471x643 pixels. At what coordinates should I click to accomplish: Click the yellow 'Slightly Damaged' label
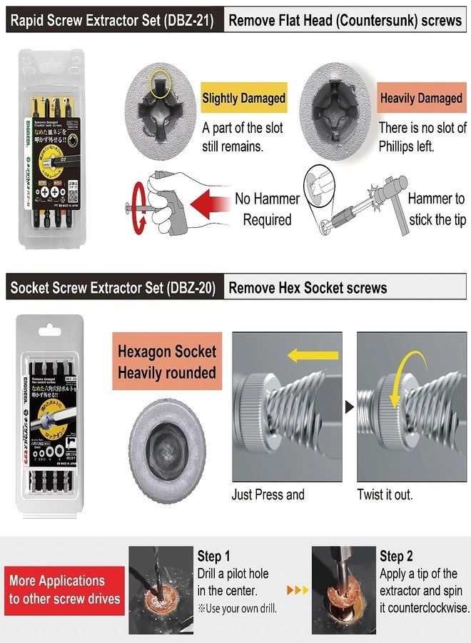pyautogui.click(x=243, y=99)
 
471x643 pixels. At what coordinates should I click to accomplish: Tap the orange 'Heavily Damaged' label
pyautogui.click(x=421, y=99)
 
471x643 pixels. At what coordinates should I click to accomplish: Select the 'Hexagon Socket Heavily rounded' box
pyautogui.click(x=166, y=362)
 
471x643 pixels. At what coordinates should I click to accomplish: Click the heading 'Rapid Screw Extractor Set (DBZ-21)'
pyautogui.click(x=111, y=20)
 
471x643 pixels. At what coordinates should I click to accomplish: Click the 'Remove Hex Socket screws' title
pyautogui.click(x=307, y=288)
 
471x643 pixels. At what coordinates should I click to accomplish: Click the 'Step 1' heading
pyautogui.click(x=214, y=556)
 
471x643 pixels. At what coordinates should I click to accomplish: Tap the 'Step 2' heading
pyautogui.click(x=397, y=556)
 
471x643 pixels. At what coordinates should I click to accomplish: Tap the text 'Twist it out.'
pyautogui.click(x=385, y=494)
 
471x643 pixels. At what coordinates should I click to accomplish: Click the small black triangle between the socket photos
pyautogui.click(x=350, y=407)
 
